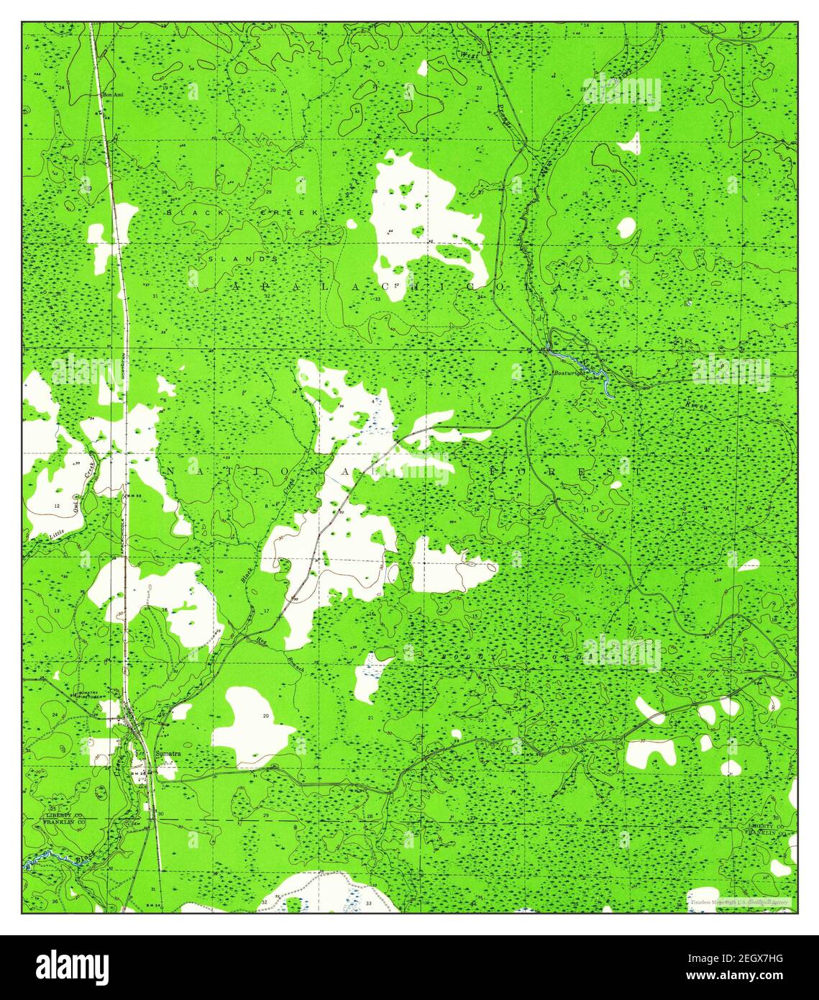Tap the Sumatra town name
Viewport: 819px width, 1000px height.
(x=168, y=753)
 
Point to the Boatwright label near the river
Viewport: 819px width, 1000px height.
(x=567, y=373)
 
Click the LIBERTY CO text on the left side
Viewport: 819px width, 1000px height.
(x=64, y=814)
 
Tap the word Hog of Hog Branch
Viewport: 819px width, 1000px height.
(x=261, y=638)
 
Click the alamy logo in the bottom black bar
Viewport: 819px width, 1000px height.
(x=73, y=965)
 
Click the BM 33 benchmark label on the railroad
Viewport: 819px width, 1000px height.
(x=134, y=496)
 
